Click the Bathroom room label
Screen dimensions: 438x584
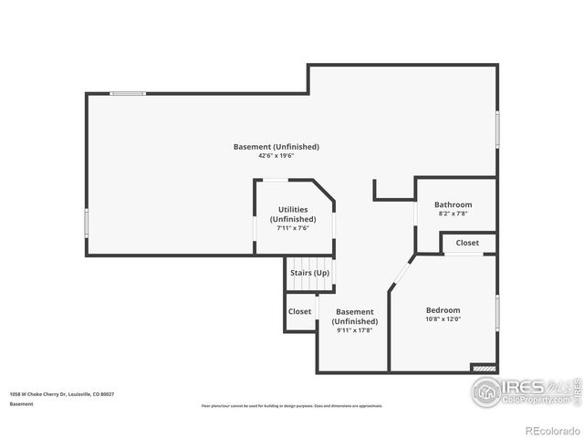(453, 204)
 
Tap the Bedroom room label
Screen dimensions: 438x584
(443, 309)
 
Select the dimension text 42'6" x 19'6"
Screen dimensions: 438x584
(276, 156)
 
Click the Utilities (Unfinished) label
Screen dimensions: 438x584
(293, 214)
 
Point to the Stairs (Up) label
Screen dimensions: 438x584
(309, 273)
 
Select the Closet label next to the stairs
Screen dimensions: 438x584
(299, 311)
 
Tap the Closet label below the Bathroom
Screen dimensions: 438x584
(467, 243)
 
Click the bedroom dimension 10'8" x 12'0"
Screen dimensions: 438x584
(443, 319)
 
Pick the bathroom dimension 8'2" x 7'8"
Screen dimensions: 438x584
(453, 214)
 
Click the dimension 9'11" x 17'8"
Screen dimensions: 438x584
(354, 330)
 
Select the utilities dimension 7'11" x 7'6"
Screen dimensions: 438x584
(293, 228)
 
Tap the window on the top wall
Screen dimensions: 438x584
(128, 93)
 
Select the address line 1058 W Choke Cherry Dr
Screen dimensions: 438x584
(62, 394)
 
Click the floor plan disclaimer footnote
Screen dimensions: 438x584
(291, 406)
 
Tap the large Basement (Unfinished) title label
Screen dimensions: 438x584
(276, 146)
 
